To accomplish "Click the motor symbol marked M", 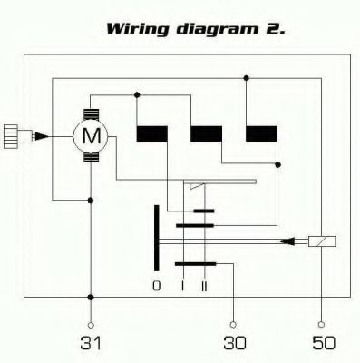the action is tap(91, 136).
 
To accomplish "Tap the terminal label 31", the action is tap(91, 343).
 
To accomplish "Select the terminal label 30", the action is tap(235, 343).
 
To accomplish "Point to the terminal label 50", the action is tap(324, 343).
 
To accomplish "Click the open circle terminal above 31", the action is tap(91, 325).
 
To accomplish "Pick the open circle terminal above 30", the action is tap(233, 325).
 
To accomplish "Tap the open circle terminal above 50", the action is tap(322, 325).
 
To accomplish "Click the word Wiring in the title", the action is tap(138, 29).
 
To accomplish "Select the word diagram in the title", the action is tap(218, 29).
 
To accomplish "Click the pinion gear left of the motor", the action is tap(11, 136).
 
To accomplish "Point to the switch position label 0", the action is tap(156, 286).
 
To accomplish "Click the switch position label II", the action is tap(205, 286).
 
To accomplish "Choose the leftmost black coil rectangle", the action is tap(152, 133).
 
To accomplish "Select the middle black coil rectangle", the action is tap(206, 133).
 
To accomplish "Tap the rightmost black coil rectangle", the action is tap(261, 133).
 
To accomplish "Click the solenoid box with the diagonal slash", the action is tap(322, 241).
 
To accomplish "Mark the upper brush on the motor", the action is tap(91, 114).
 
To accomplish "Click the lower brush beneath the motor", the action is tap(91, 157).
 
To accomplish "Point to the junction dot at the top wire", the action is tap(246, 78).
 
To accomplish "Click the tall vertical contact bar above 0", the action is tap(156, 238).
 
